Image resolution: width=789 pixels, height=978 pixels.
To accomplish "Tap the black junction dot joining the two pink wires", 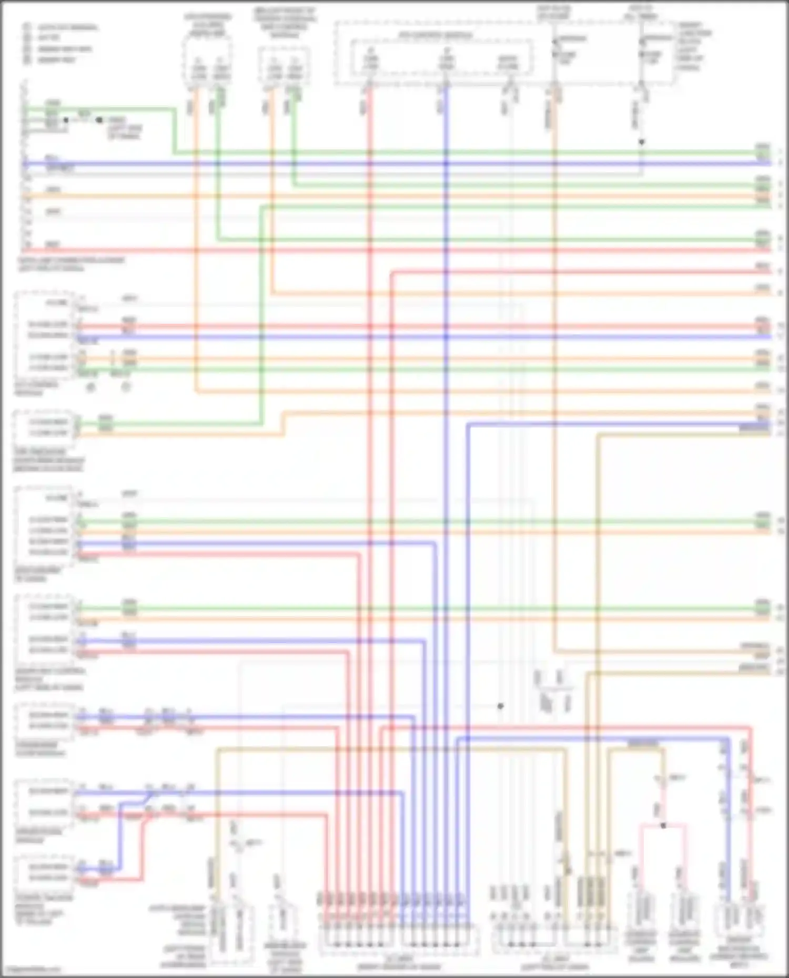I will [x=663, y=826].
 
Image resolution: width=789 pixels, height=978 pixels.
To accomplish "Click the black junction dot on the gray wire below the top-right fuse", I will [x=641, y=142].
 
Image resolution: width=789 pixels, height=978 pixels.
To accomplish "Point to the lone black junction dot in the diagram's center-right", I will [x=501, y=706].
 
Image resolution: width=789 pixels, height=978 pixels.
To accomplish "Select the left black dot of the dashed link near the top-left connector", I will [x=66, y=120].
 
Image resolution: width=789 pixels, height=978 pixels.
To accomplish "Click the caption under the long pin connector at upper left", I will [x=71, y=264].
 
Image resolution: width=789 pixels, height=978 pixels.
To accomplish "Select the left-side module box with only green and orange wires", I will [x=45, y=427].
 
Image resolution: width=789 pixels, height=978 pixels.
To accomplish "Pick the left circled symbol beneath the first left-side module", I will [x=90, y=387].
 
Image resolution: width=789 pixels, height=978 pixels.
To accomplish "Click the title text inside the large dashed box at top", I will [x=435, y=36].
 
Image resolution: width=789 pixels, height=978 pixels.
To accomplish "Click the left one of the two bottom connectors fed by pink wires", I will [x=641, y=912].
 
